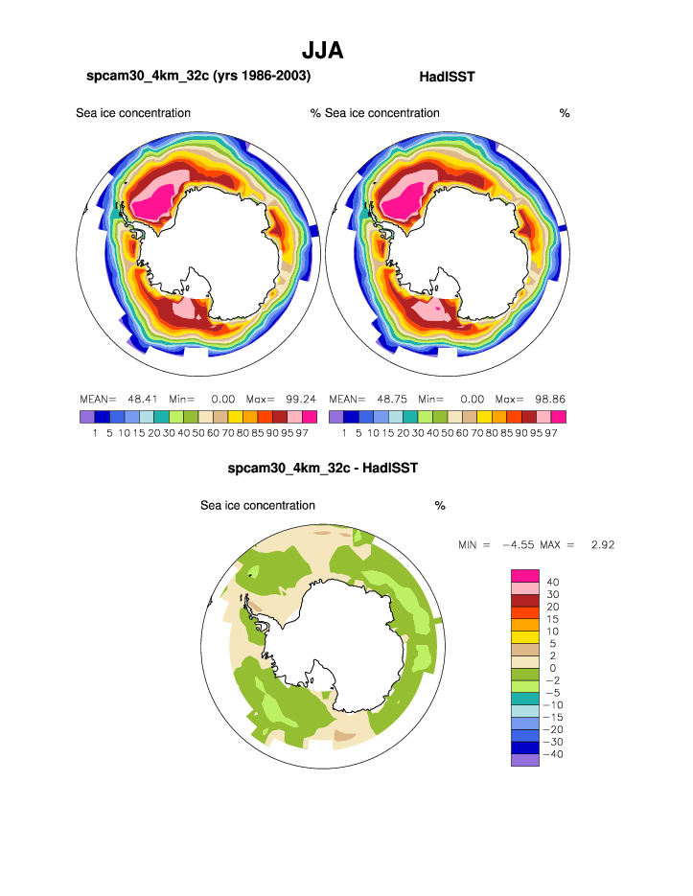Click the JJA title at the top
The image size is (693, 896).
323,50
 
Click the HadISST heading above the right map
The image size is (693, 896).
448,76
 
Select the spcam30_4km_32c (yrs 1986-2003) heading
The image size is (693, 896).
198,76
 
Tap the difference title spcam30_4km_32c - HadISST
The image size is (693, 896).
323,469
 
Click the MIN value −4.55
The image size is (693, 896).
517,545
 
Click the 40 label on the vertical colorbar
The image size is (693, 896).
552,582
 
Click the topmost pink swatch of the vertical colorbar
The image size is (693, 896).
524,575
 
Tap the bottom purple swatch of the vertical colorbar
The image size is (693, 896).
524,760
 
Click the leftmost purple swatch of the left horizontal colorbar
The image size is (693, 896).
87,417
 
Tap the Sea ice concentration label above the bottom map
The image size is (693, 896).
257,505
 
